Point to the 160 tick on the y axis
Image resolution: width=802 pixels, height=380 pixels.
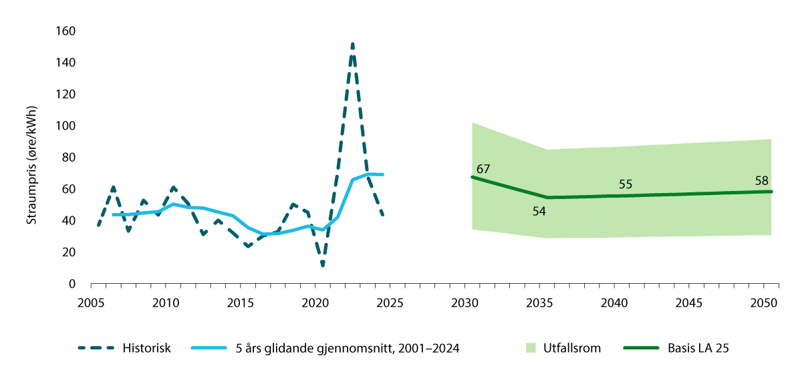pyautogui.click(x=66, y=31)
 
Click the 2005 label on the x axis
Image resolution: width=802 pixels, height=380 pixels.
pyautogui.click(x=90, y=303)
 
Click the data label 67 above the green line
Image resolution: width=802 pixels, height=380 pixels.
pyautogui.click(x=484, y=168)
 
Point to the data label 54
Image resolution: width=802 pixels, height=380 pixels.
pyautogui.click(x=539, y=211)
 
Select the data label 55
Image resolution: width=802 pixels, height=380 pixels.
pyautogui.click(x=626, y=184)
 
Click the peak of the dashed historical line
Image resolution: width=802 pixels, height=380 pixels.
pyautogui.click(x=352, y=44)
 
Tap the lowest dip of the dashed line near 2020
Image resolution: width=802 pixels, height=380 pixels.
pyautogui.click(x=323, y=266)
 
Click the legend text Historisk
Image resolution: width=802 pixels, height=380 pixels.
pyautogui.click(x=147, y=348)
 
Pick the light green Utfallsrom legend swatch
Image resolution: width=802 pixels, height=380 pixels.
pyautogui.click(x=532, y=348)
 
